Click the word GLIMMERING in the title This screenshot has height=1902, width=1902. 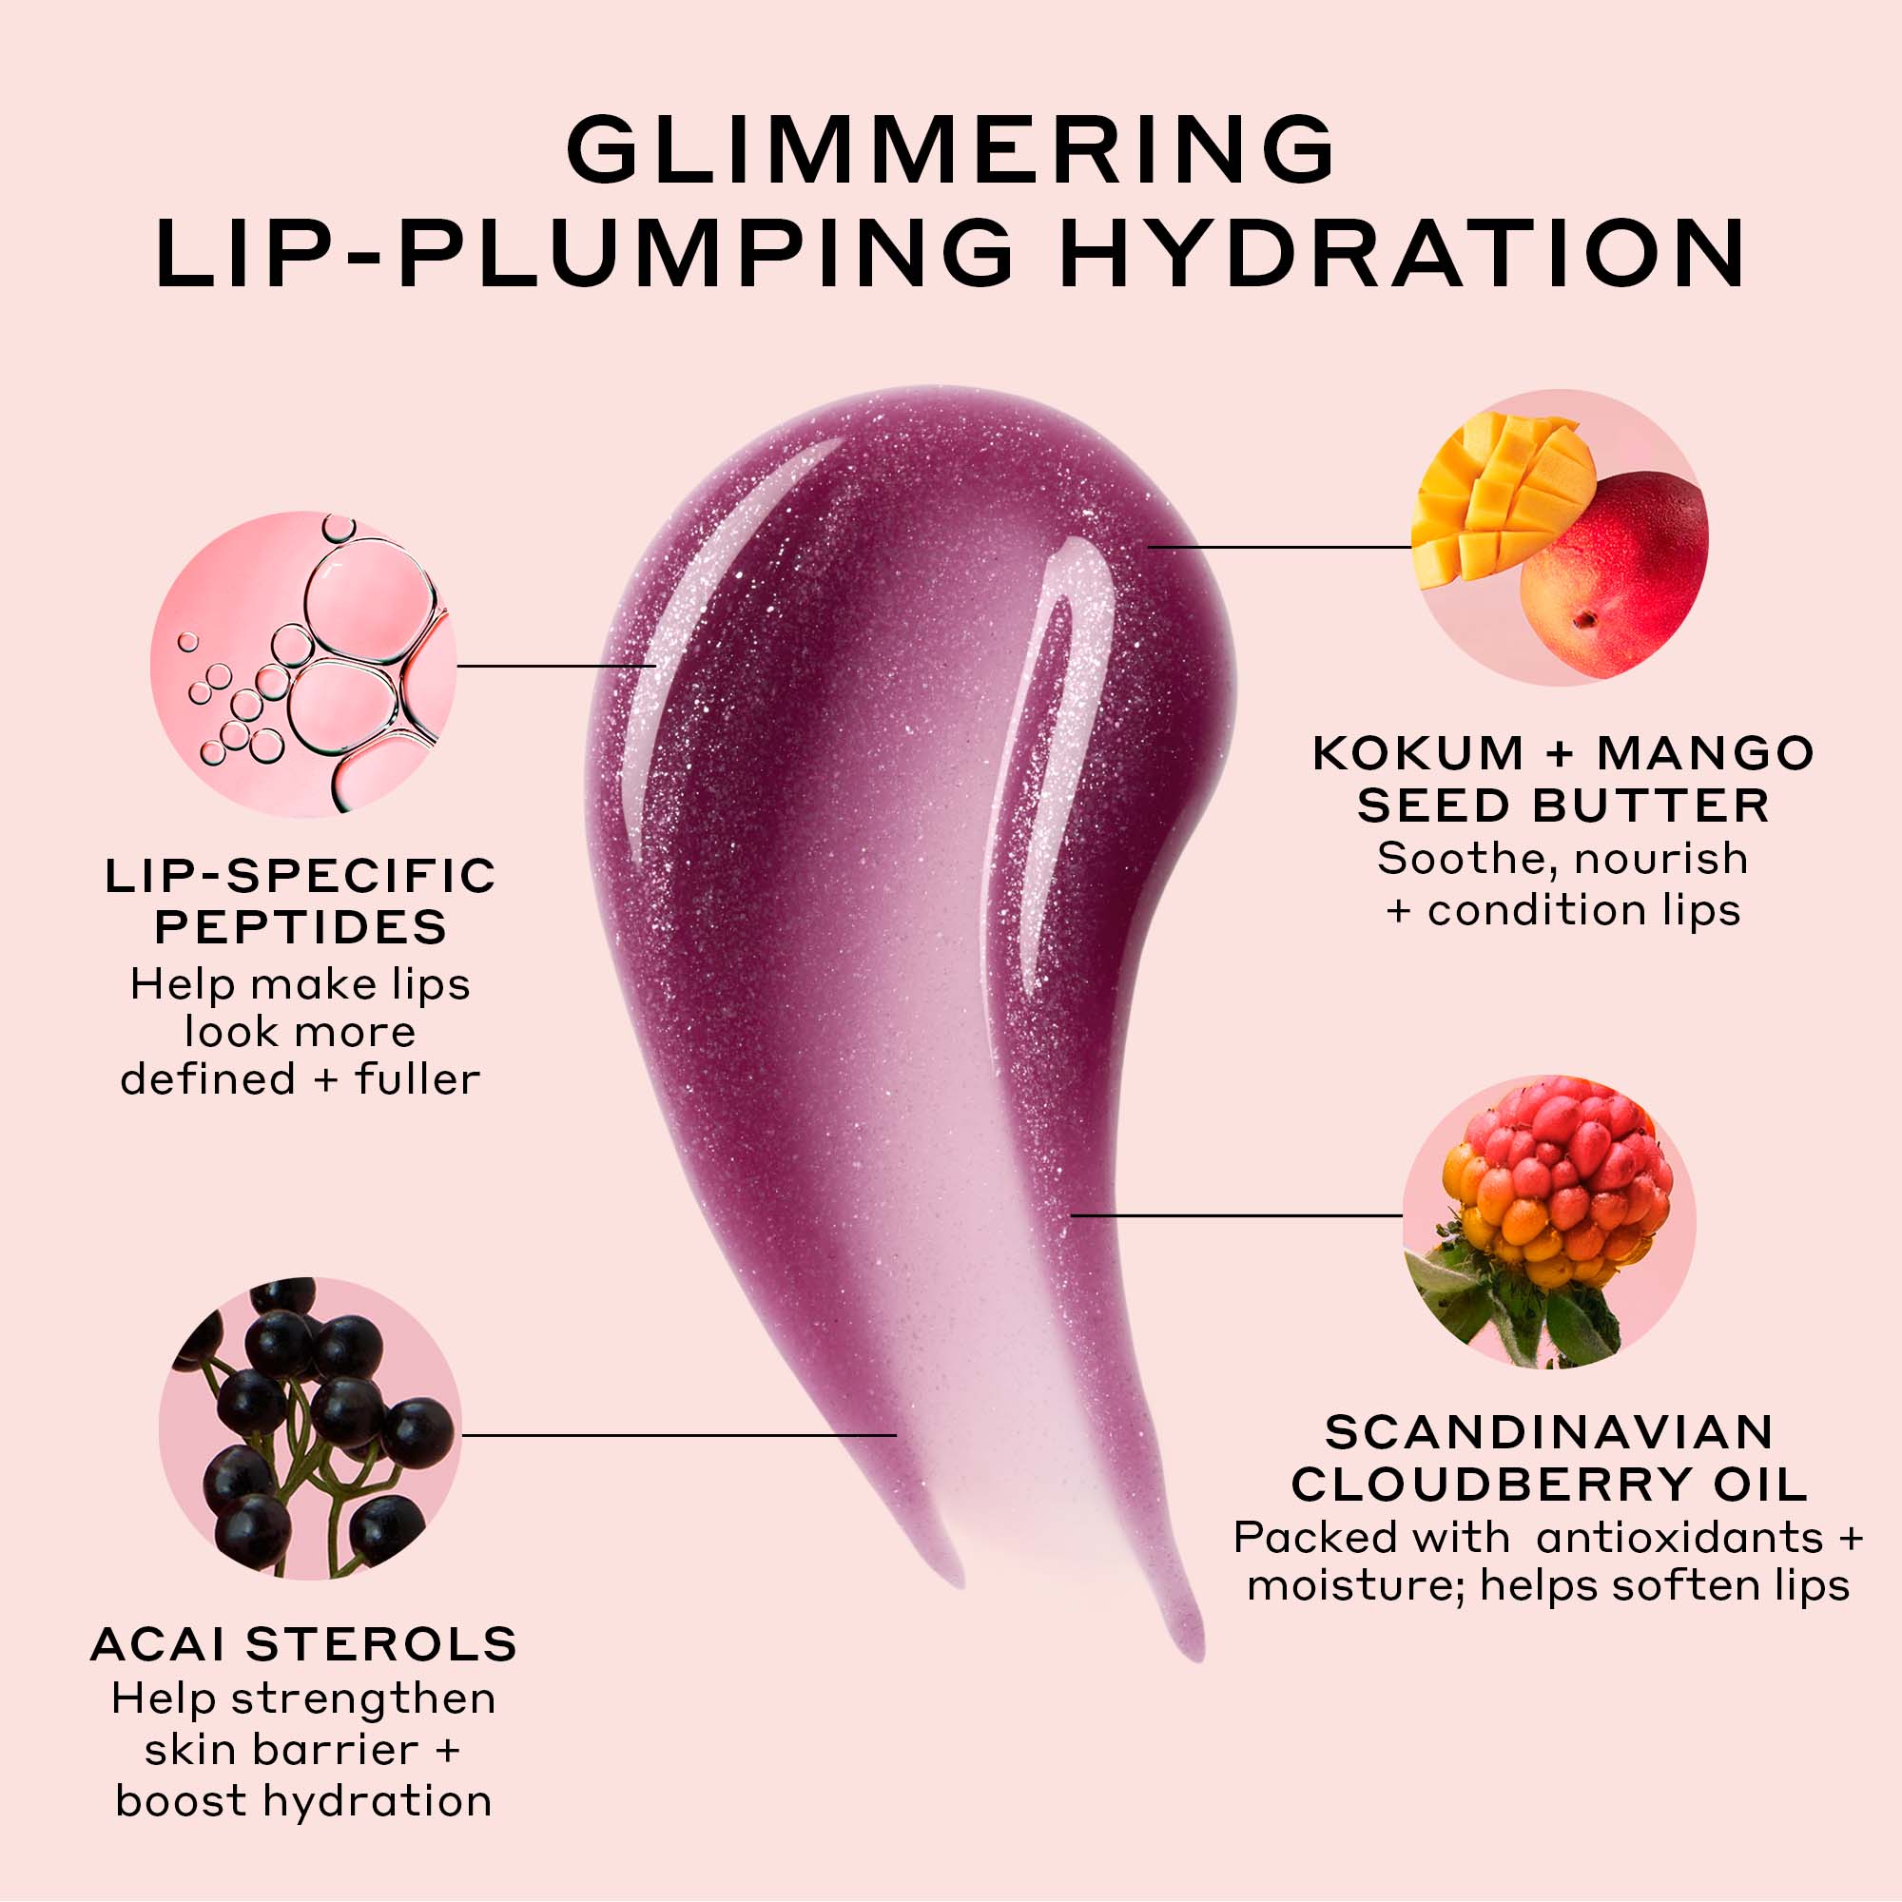coord(950,148)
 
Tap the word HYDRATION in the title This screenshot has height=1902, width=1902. coord(1402,253)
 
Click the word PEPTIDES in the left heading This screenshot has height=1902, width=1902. coord(301,927)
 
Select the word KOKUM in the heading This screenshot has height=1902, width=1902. coord(1419,754)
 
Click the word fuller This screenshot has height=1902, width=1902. coord(417,1079)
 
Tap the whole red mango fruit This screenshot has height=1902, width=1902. coord(1615,576)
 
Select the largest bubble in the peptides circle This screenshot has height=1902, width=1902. coord(369,600)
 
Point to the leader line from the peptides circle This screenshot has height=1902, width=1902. coord(556,666)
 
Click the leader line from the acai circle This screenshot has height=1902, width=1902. coord(679,1435)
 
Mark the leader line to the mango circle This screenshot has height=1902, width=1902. coord(1280,547)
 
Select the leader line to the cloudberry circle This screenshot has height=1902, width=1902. coord(1236,1215)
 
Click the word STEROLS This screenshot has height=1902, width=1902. coord(382,1645)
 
